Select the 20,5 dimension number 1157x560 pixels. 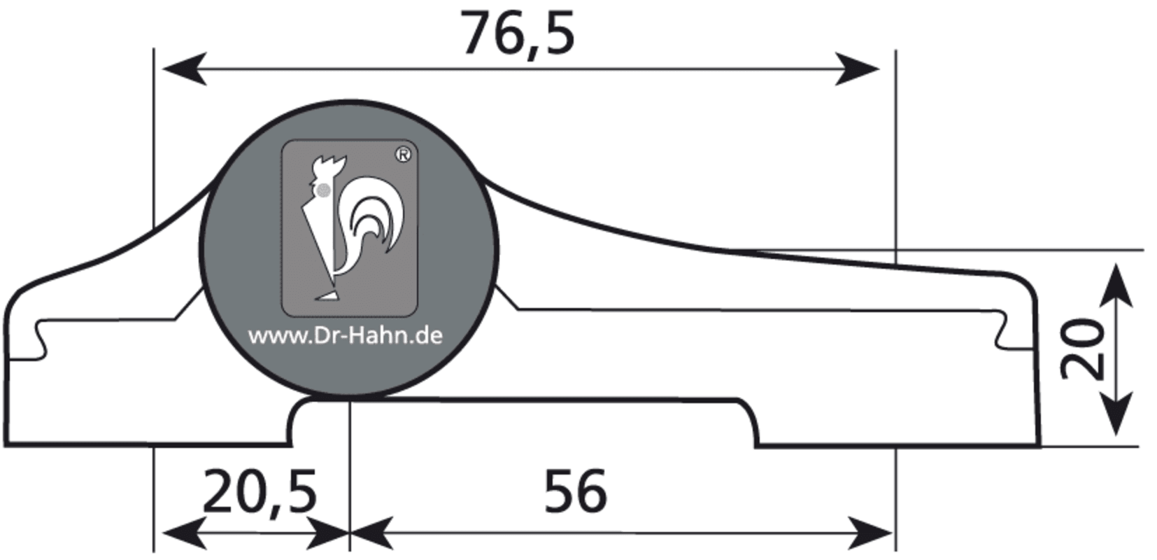[260, 492]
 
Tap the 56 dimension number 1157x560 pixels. [576, 491]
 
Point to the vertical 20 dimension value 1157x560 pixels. [1081, 349]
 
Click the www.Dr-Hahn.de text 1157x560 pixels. [345, 336]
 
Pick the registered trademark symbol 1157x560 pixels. [404, 155]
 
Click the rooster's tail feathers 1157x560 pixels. [373, 217]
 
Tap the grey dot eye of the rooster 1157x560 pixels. [324, 190]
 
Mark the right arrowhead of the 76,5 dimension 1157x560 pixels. [857, 69]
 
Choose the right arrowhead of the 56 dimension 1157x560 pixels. [870, 533]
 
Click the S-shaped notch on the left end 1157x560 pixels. [41, 339]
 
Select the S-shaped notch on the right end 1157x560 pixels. [1001, 331]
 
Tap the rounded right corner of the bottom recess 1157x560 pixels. [749, 414]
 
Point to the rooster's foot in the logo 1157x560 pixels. [327, 296]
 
